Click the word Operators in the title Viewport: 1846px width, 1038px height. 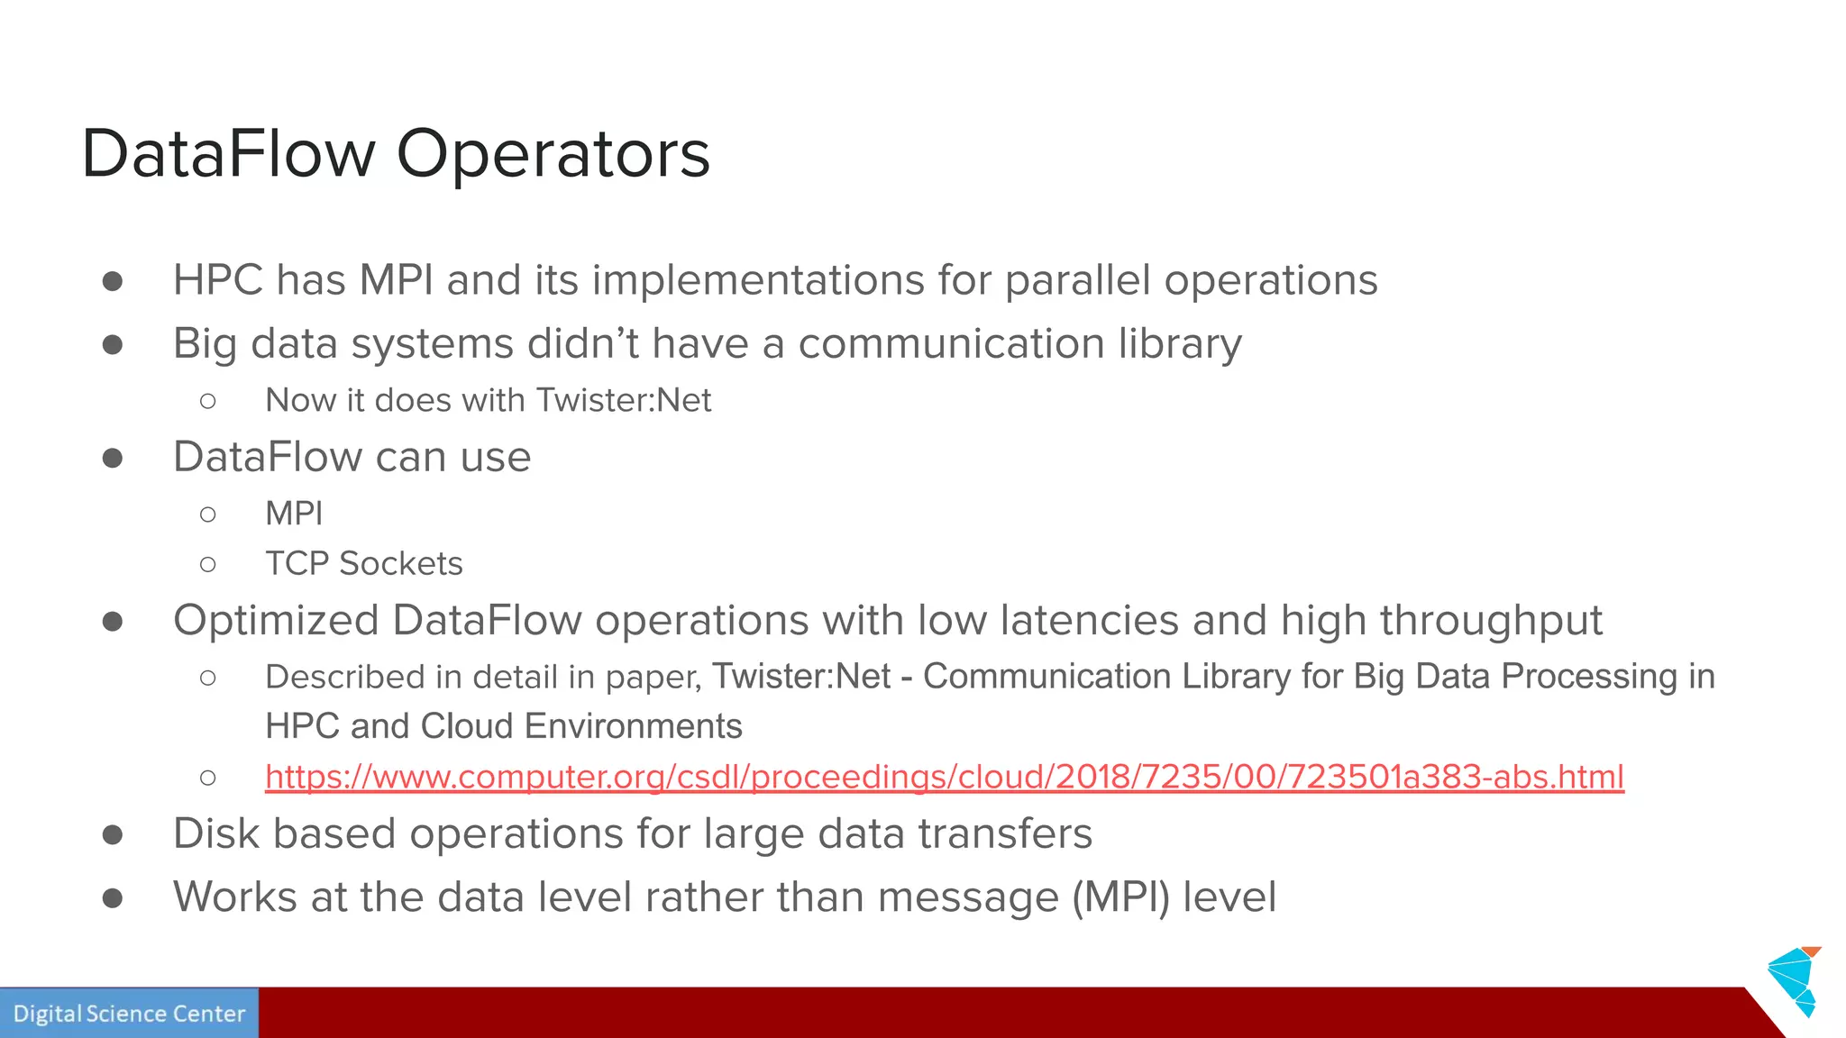[553, 155]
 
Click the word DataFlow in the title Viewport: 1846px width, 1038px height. [228, 153]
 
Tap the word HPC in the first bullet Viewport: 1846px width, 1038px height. [217, 280]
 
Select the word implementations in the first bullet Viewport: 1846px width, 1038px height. [758, 280]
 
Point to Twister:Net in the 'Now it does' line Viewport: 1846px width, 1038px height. [623, 400]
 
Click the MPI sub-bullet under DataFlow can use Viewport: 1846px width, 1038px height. [294, 514]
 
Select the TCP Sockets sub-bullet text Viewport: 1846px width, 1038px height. [363, 564]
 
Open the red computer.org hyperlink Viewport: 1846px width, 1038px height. [944, 777]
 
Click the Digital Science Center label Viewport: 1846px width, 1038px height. [129, 1014]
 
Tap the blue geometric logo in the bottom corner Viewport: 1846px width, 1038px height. [1794, 980]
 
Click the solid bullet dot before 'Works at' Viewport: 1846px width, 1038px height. [113, 897]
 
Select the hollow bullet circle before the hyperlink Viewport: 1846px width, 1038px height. [208, 778]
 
